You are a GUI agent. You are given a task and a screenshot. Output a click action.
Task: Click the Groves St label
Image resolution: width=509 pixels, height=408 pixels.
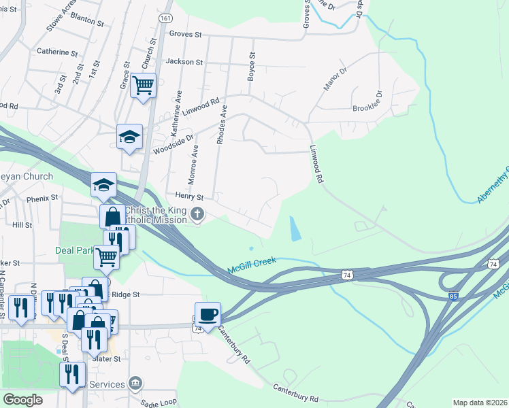pos(186,34)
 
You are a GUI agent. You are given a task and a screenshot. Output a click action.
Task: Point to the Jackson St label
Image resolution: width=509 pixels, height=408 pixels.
pos(184,62)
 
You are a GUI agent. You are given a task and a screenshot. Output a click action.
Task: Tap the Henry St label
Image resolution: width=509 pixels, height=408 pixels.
pos(180,196)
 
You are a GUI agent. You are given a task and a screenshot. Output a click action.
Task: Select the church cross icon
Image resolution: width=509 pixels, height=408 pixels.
pos(197,216)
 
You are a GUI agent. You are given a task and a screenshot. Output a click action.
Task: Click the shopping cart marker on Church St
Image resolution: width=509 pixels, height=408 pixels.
pos(144,86)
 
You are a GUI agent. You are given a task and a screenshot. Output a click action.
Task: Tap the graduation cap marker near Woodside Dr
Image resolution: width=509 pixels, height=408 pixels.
pos(129,137)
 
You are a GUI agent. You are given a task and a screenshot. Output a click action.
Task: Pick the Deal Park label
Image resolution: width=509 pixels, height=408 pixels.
pos(73,250)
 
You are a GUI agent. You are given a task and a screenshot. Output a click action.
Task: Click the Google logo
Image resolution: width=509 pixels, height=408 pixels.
pos(22,399)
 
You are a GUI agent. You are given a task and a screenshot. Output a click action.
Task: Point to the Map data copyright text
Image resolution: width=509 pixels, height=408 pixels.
pos(480,403)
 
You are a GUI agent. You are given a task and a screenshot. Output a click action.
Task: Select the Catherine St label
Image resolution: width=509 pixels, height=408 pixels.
pos(57,52)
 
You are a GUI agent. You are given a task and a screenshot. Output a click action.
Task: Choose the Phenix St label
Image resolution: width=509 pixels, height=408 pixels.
pos(42,199)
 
